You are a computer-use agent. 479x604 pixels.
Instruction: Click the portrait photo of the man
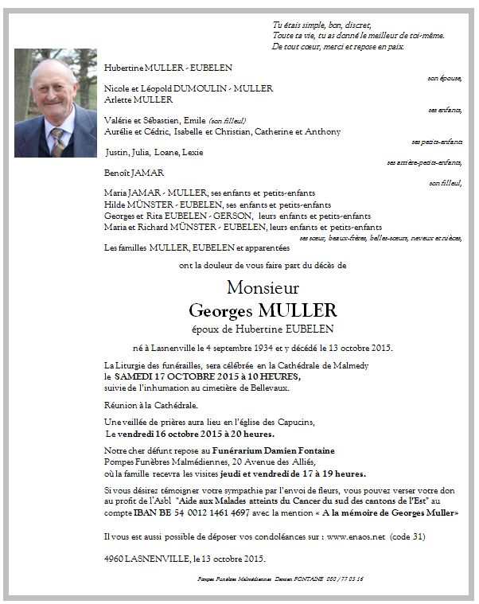(55, 103)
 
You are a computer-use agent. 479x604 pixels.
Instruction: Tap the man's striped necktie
(56, 142)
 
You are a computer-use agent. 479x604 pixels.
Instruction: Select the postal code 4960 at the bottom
(115, 558)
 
